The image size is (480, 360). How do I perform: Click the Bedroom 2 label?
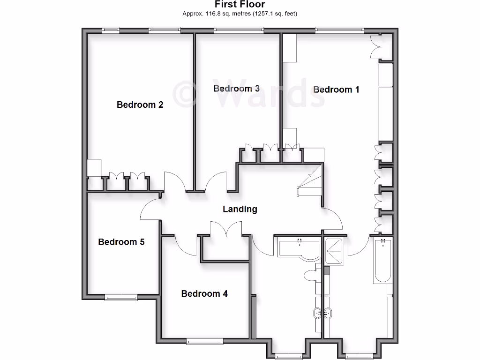[140, 105]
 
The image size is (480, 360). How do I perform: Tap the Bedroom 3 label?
[236, 89]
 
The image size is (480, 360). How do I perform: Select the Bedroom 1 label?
[336, 90]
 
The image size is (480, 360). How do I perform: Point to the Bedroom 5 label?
[121, 242]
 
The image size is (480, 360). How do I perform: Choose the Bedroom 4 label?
[204, 293]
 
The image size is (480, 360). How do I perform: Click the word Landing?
[240, 209]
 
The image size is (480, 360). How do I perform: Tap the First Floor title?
[240, 5]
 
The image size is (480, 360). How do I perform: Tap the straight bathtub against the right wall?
[382, 261]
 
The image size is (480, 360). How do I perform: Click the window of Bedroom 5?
[121, 297]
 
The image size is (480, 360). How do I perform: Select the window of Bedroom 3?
[239, 30]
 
